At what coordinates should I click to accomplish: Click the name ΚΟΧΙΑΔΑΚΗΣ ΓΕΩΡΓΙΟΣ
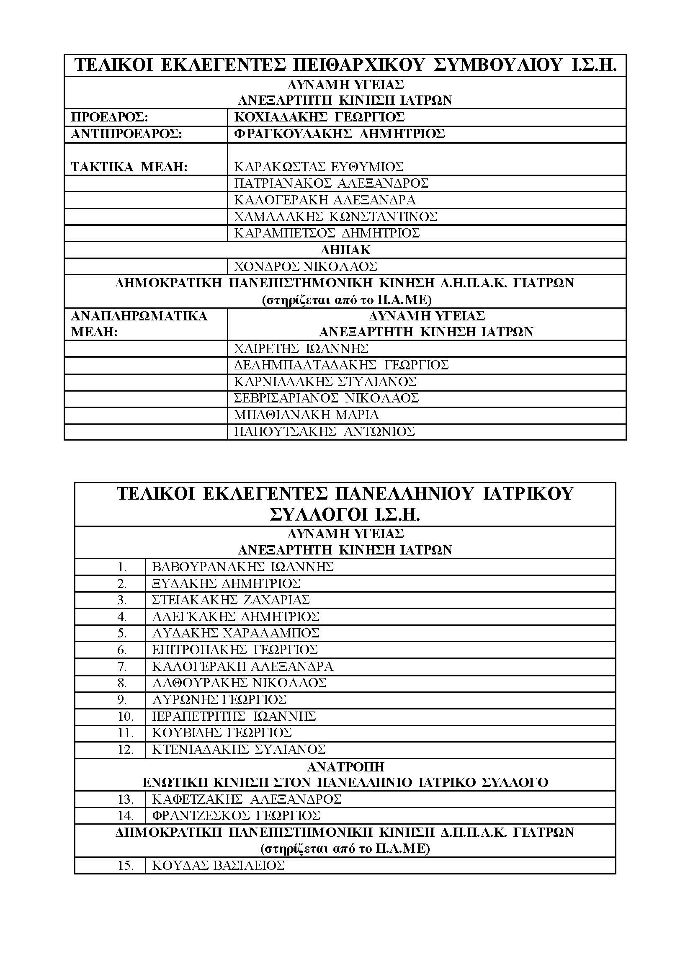pyautogui.click(x=319, y=117)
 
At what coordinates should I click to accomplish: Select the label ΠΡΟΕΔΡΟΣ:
pyautogui.click(x=110, y=117)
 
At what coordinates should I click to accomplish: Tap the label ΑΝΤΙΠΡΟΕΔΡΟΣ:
pyautogui.click(x=126, y=134)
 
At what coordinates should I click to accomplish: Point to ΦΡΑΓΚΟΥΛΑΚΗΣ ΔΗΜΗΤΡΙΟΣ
pyautogui.click(x=339, y=134)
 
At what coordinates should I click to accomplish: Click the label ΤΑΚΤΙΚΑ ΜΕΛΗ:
pyautogui.click(x=129, y=167)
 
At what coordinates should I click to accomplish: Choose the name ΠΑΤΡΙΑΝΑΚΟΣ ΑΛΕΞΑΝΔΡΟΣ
pyautogui.click(x=331, y=183)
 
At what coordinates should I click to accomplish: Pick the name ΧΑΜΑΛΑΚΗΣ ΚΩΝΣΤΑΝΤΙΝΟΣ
pyautogui.click(x=336, y=217)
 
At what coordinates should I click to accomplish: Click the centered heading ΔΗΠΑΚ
pyautogui.click(x=345, y=250)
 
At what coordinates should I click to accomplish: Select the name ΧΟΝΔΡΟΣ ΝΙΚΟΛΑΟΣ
pyautogui.click(x=306, y=266)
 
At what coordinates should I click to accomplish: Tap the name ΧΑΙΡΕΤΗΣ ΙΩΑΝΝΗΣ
pyautogui.click(x=301, y=349)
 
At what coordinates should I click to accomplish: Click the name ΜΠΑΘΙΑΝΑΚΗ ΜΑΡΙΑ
pyautogui.click(x=307, y=415)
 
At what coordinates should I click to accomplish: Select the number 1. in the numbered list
pyautogui.click(x=122, y=567)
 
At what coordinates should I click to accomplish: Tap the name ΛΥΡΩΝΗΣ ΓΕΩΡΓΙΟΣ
pyautogui.click(x=219, y=699)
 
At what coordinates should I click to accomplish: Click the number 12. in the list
pyautogui.click(x=126, y=750)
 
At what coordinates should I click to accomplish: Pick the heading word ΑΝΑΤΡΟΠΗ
pyautogui.click(x=345, y=766)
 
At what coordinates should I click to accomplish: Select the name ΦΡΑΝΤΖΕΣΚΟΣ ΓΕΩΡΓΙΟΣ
pyautogui.click(x=236, y=816)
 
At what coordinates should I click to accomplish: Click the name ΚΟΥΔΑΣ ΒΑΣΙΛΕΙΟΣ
pyautogui.click(x=218, y=866)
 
